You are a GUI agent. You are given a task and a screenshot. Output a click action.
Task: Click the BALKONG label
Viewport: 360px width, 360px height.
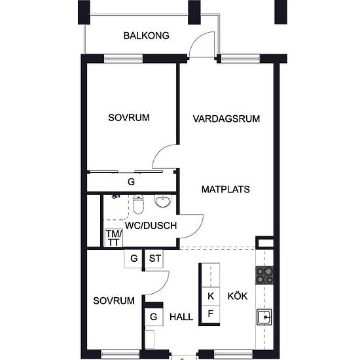click(x=146, y=35)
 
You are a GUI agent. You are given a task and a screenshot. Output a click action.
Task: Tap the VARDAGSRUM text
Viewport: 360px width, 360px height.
click(x=226, y=118)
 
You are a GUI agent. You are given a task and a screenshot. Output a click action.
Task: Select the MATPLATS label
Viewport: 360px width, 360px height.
click(x=226, y=189)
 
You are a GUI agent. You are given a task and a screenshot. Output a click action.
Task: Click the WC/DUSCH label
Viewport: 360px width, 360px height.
click(x=151, y=226)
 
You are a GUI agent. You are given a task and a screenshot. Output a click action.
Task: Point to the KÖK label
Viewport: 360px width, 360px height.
click(x=238, y=296)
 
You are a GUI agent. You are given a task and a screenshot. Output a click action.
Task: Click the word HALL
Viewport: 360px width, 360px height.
click(x=181, y=317)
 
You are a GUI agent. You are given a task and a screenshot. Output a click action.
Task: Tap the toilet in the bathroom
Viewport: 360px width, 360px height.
click(x=139, y=204)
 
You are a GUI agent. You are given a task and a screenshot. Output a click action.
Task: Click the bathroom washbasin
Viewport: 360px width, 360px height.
click(x=163, y=202)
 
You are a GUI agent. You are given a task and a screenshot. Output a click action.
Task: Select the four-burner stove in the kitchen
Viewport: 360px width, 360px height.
click(x=264, y=276)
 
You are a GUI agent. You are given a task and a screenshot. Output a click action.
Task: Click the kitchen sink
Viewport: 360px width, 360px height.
click(x=264, y=317)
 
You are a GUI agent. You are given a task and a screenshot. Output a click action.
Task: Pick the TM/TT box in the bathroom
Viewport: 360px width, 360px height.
click(x=114, y=238)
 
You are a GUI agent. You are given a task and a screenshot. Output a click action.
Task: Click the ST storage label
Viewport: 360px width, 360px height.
click(x=154, y=259)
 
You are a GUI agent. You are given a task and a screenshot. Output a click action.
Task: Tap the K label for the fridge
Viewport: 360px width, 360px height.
click(x=211, y=296)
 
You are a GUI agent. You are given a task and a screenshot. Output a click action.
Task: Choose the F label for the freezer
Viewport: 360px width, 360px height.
click(x=211, y=314)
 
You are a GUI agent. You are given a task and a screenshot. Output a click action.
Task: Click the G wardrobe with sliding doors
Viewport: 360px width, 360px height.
click(x=132, y=181)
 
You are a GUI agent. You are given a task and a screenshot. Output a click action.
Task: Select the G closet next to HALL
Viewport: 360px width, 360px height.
click(x=154, y=317)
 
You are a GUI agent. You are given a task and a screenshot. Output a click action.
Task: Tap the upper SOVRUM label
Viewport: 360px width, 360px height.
click(x=129, y=118)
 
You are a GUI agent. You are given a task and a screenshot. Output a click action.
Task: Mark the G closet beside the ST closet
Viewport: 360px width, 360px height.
click(x=134, y=259)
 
